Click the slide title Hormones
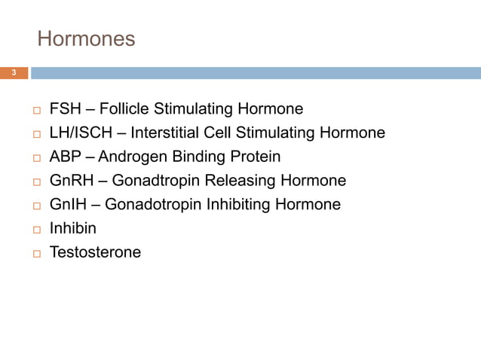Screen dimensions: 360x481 click(86, 38)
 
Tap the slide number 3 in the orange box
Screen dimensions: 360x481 click(14, 73)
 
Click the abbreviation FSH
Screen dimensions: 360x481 click(65, 109)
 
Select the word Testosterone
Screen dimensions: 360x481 click(95, 253)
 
